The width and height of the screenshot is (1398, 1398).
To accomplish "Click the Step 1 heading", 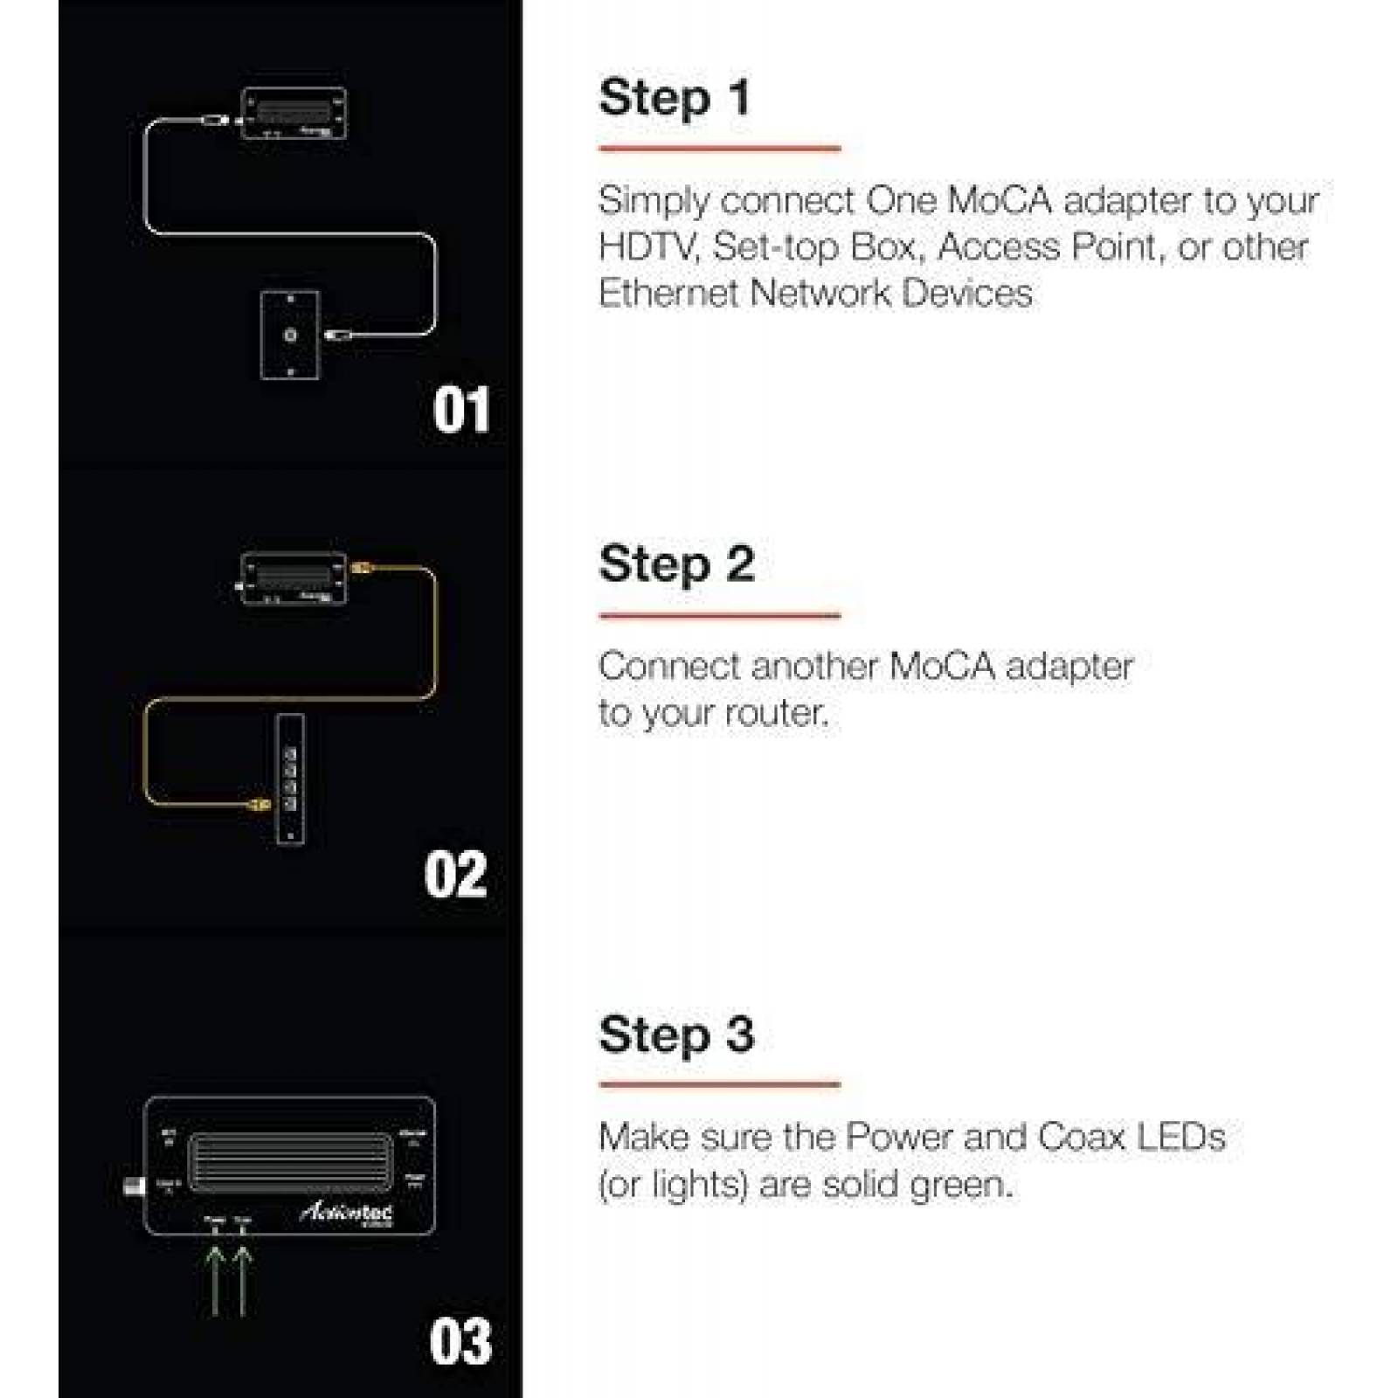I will tap(675, 98).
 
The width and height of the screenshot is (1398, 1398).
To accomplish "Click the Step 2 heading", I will tap(676, 564).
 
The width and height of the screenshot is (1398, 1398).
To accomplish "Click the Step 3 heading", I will tap(676, 1035).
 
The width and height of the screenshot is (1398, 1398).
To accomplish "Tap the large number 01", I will tap(460, 411).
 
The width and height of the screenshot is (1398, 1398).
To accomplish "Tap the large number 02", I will tap(455, 875).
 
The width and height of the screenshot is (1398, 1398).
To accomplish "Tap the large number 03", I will tap(460, 1342).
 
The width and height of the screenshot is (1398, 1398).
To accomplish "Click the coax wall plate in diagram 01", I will tap(290, 335).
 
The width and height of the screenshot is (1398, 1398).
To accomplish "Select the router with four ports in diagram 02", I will tap(291, 779).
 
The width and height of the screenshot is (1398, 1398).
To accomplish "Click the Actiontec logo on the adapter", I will tap(347, 1212).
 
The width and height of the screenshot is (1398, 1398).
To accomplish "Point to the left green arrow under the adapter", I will tap(215, 1280).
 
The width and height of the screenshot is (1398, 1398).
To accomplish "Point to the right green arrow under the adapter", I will tap(243, 1280).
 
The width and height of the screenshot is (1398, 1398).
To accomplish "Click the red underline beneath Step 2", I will tap(719, 616).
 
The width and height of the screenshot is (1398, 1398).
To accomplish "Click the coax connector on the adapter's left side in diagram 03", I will tap(134, 1187).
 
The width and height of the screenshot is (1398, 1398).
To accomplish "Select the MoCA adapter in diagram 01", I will tap(294, 114).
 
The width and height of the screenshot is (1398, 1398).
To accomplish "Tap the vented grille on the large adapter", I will tap(290, 1162).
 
